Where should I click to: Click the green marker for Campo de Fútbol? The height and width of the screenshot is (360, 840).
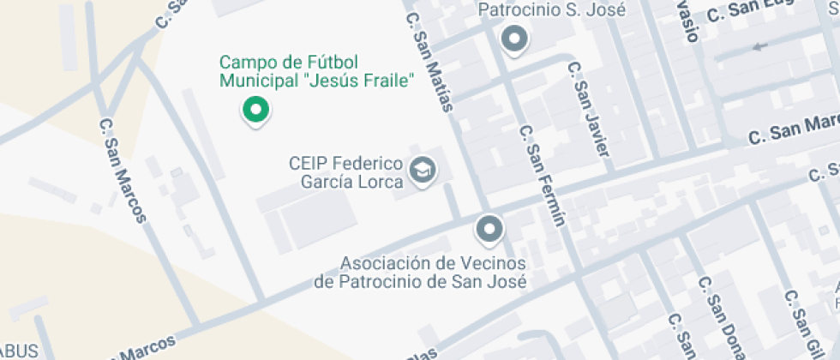[x=255, y=110]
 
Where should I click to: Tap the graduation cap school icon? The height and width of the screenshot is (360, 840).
[x=422, y=170]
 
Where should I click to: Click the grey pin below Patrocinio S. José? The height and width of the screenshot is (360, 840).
[x=514, y=39]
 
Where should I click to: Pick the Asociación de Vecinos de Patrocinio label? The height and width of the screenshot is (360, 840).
[x=420, y=272]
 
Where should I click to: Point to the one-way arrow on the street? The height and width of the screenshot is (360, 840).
[x=758, y=46]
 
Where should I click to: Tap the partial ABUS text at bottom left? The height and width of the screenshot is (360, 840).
[x=19, y=351]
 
